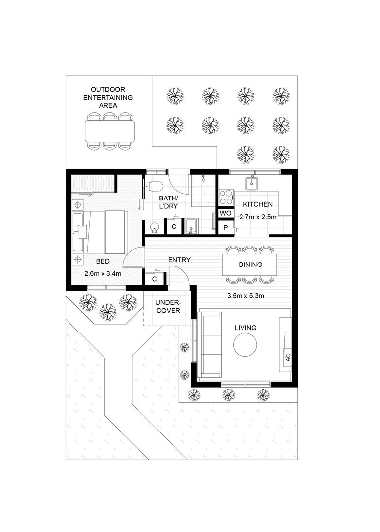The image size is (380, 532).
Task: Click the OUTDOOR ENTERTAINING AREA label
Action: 107,98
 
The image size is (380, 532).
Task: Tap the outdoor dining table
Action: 109,131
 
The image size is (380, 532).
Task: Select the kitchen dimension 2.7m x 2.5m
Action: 257,216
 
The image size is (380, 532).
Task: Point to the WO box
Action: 225,213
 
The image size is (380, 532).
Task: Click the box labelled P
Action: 225,227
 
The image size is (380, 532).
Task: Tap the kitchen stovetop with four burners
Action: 226,198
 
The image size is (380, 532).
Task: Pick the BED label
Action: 103,261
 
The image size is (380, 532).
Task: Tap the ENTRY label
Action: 179,260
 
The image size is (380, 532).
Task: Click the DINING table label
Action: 250,265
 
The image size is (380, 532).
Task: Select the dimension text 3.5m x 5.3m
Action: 245,296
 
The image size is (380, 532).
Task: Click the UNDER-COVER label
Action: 169,307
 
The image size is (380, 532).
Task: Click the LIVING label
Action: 245,327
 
